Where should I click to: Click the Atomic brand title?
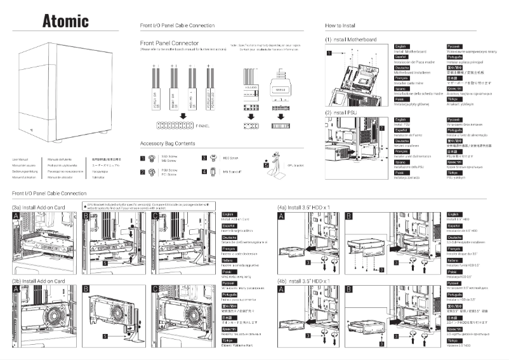(x=65, y=20)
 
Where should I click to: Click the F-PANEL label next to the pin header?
(x=203, y=109)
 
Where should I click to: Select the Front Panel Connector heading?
(x=169, y=43)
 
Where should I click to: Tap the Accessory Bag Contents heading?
(x=167, y=126)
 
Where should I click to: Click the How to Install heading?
(x=340, y=25)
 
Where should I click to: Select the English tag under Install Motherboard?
(x=401, y=46)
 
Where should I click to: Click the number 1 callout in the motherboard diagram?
(x=329, y=54)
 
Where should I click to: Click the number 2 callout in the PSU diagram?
(x=381, y=128)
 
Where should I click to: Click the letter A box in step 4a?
(x=281, y=217)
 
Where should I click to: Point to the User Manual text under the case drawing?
(x=20, y=159)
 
